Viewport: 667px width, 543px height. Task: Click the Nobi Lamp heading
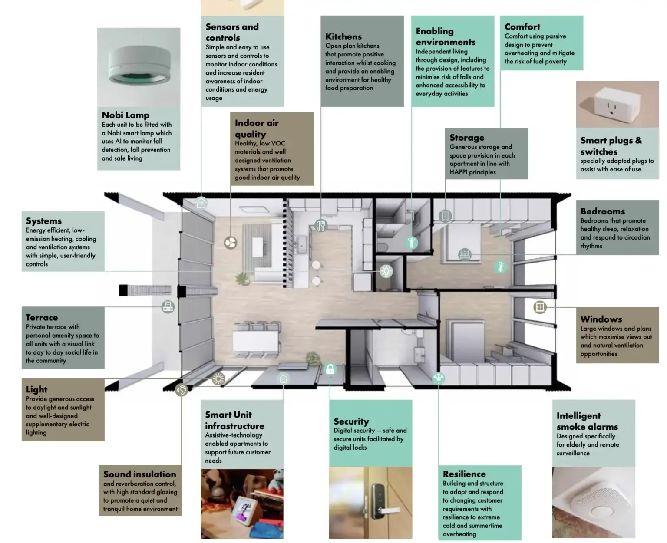[x=125, y=115]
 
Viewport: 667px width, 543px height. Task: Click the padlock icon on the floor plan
[x=330, y=369]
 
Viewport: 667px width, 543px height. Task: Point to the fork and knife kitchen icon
[x=320, y=226]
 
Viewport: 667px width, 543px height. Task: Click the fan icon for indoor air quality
[x=230, y=243]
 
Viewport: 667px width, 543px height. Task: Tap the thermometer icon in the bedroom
[x=500, y=267]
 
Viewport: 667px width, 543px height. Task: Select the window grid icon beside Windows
[x=540, y=307]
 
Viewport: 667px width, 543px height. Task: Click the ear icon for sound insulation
[x=181, y=389]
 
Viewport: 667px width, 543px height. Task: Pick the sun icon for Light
[x=218, y=379]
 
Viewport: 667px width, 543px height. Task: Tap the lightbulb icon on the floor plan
[x=386, y=271]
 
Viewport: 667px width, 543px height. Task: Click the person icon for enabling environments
[x=411, y=242]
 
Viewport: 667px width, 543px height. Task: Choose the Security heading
[x=351, y=421]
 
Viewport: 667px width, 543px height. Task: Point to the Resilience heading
[x=464, y=474]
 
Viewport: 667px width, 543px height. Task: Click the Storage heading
[x=467, y=138]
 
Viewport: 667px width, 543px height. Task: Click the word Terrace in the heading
[x=42, y=317]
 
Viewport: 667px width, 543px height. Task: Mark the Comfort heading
[x=522, y=26]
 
